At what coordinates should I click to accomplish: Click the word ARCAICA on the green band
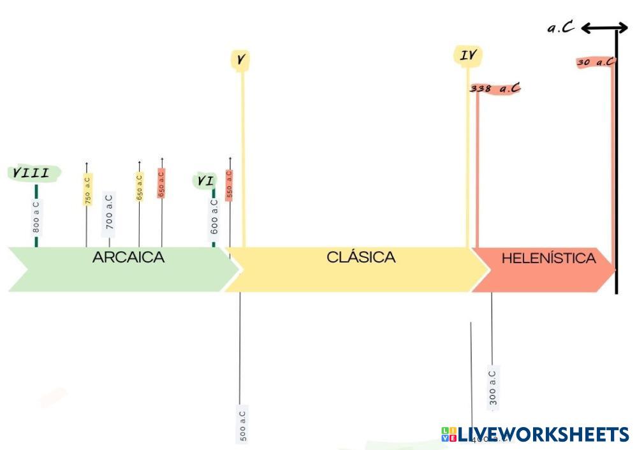point(128,258)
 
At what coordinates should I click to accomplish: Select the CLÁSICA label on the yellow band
point(361,257)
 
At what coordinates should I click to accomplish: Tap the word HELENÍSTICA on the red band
point(548,258)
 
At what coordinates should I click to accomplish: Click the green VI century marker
point(205,181)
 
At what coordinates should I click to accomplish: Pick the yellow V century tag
point(240,60)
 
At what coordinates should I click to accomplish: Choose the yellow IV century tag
point(468,56)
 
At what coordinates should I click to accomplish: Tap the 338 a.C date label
point(495,89)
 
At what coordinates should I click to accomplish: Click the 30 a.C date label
point(596,62)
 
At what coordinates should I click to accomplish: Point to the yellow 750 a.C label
point(88,189)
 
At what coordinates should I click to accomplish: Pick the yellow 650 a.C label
point(140,187)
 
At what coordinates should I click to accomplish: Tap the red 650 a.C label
point(161,183)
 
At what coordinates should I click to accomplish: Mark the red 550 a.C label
point(230,185)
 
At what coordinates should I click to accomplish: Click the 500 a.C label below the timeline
point(242,424)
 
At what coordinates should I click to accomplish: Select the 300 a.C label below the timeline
point(493,388)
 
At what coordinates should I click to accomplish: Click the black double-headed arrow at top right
point(604,27)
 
